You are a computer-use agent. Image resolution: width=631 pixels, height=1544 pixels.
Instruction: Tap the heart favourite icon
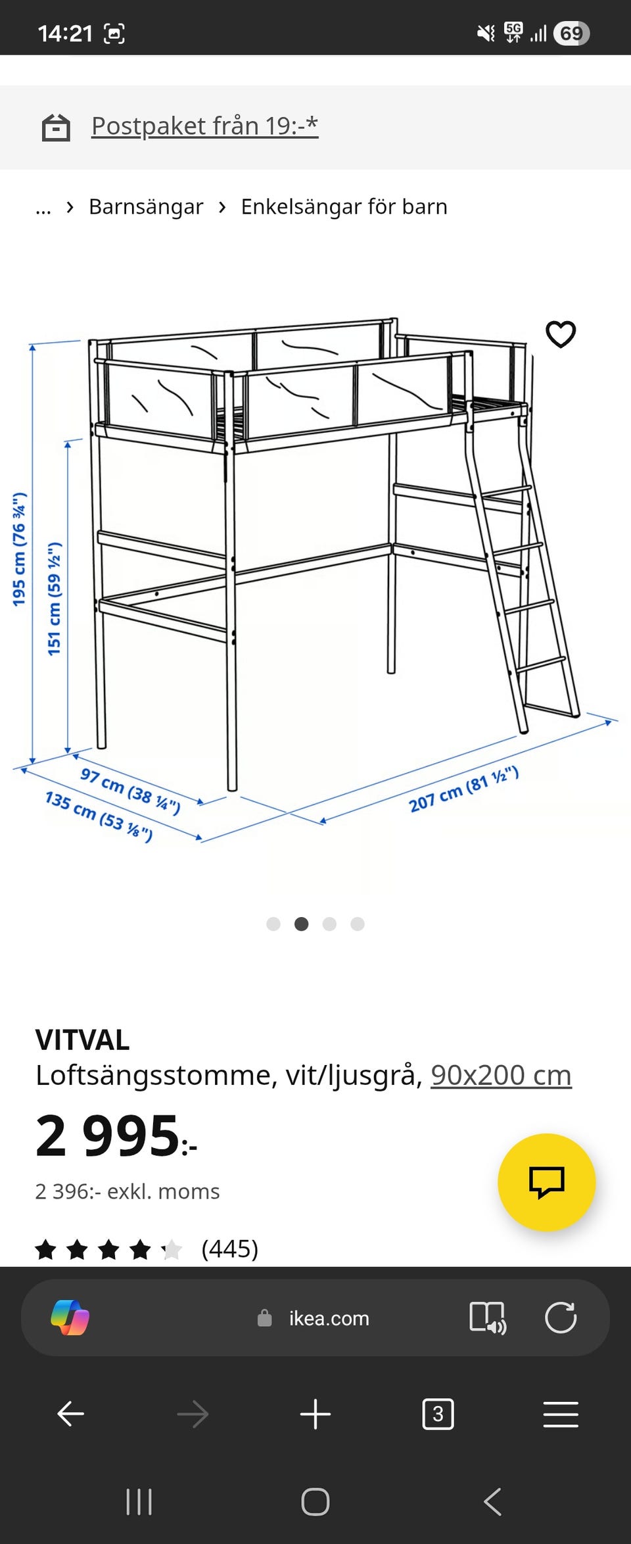(561, 334)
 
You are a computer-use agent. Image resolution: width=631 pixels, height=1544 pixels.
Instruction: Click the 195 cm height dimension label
(19, 549)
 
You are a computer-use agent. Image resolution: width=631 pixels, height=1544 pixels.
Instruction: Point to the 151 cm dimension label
(55, 598)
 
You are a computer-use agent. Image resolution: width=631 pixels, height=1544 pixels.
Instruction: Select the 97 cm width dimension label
(130, 789)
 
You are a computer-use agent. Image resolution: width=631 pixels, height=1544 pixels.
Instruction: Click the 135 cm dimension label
(99, 816)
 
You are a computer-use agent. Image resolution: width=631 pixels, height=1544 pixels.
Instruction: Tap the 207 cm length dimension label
(463, 789)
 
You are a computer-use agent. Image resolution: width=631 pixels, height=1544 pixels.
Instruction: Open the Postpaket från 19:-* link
(204, 126)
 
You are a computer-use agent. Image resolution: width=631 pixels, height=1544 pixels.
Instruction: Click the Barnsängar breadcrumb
(146, 207)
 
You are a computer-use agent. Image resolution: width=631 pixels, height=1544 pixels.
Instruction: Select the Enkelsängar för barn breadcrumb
(344, 207)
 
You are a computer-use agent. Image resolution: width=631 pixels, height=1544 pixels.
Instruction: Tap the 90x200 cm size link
(501, 1076)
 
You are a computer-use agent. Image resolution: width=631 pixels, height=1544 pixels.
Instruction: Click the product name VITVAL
(82, 1040)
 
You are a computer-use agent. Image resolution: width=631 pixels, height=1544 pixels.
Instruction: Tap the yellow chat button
(546, 1182)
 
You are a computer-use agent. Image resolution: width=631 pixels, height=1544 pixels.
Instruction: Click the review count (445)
(229, 1249)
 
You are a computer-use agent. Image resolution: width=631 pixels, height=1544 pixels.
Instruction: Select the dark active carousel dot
(302, 924)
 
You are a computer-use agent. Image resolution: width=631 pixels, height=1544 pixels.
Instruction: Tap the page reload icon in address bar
(561, 1318)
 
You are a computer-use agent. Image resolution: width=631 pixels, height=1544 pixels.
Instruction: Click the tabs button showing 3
(438, 1414)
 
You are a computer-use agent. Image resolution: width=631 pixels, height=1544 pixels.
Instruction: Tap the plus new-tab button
(315, 1414)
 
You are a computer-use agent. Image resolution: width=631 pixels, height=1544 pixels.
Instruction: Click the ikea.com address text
(329, 1318)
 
